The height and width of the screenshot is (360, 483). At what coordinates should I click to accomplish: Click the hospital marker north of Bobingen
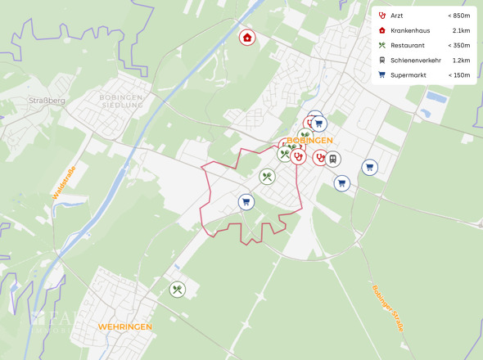coord(246,37)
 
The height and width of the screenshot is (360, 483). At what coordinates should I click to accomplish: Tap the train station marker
coord(332,160)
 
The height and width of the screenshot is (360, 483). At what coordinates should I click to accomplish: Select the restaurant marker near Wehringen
coord(178,290)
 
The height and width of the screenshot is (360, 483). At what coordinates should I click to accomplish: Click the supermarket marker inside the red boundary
coord(246,201)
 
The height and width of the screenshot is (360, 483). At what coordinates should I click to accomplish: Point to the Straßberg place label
coord(47,101)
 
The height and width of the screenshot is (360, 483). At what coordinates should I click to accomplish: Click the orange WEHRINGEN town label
coord(124,326)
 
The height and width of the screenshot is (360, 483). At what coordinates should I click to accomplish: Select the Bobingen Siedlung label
coord(121,101)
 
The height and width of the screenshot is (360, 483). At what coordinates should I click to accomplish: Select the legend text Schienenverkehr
coord(416,60)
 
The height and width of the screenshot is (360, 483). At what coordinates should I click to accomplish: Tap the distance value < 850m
coord(458,16)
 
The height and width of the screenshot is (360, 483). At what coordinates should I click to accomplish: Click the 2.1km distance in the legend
coord(461,30)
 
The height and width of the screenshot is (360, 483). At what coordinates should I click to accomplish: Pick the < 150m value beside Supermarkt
coord(458,74)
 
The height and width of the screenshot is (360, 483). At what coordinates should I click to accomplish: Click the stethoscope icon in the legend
coord(381,16)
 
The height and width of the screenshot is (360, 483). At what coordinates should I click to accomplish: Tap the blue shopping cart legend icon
coord(381,74)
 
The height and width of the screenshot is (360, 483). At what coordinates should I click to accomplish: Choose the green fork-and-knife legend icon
coord(381,45)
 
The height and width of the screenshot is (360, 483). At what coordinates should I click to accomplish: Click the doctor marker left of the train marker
coord(319,158)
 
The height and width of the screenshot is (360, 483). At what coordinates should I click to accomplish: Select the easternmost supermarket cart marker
coord(370,167)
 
